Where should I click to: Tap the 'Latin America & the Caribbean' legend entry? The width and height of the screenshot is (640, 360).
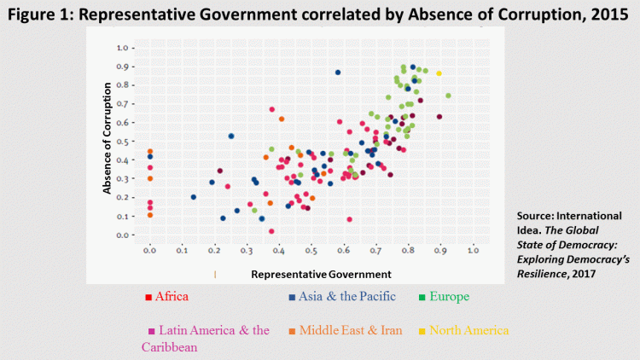tap(209, 338)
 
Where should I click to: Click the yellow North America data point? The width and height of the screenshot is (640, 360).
tap(439, 73)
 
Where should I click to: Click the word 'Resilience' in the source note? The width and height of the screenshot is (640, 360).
tap(546, 274)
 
